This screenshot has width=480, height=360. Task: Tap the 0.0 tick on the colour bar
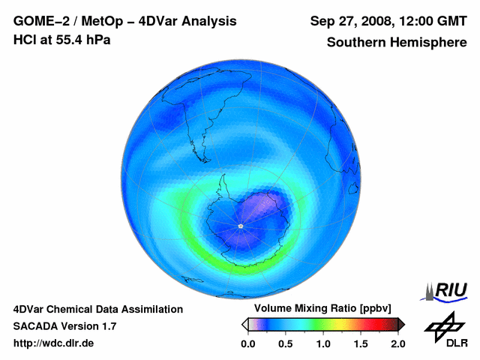[x=247, y=343]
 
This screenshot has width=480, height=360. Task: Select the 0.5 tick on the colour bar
[x=285, y=343]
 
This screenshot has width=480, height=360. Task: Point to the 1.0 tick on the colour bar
[x=322, y=343]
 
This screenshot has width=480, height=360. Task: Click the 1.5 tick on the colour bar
[x=361, y=343]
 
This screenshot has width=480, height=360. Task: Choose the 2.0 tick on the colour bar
[x=397, y=343]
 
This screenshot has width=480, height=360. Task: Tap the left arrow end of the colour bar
[x=244, y=324]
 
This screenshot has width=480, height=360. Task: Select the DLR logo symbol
[x=444, y=325]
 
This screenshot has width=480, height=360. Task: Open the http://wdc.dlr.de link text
[x=54, y=343]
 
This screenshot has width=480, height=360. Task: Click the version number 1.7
[x=107, y=326]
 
